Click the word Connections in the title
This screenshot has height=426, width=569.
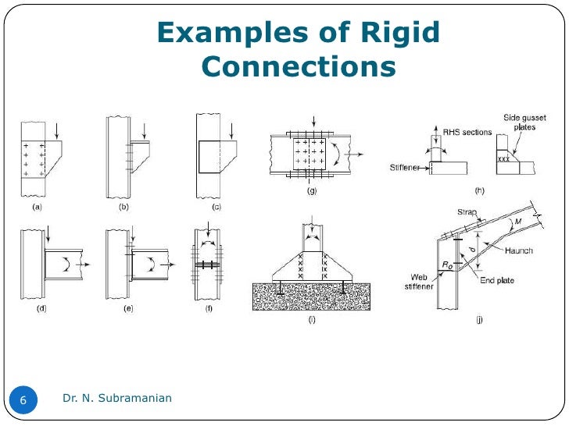(298, 67)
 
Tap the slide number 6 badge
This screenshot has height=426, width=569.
(23, 400)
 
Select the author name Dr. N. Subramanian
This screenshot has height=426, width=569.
(117, 399)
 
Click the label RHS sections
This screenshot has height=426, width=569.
(467, 133)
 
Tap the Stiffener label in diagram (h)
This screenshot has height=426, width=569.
(407, 167)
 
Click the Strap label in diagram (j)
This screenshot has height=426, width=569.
(466, 211)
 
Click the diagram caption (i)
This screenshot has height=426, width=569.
(311, 320)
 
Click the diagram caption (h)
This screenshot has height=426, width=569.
(479, 190)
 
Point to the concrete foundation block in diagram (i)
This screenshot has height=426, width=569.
(311, 296)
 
